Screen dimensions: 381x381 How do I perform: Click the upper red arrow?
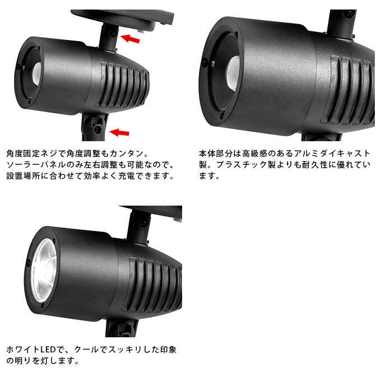[130, 39]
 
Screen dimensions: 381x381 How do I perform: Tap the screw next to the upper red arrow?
[113, 34]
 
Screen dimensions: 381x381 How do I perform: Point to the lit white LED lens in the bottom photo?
[43, 269]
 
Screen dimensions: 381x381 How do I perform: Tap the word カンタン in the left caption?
[128, 153]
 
